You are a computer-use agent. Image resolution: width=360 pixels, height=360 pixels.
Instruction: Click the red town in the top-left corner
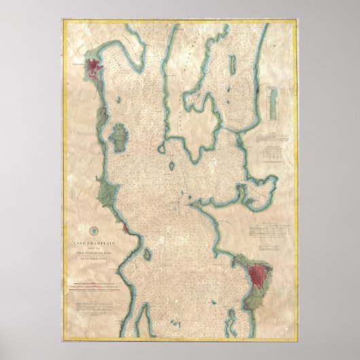tap(93, 67)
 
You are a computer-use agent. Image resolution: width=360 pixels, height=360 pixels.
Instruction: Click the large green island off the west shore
tap(118, 139)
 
